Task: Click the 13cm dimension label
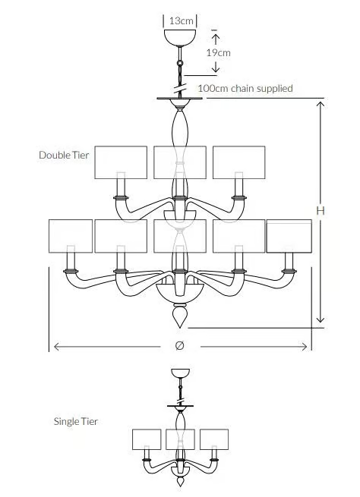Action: point(181,21)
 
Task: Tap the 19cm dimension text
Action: point(218,52)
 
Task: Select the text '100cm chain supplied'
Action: point(245,88)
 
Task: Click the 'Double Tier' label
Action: point(64,155)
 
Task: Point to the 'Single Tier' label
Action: point(75,422)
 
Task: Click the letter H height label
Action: point(321,210)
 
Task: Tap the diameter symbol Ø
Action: point(179,346)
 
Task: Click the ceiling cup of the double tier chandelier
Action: point(180,37)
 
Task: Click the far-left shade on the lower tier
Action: point(71,236)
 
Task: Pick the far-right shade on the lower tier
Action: point(289,236)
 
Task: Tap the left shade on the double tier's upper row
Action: point(121,162)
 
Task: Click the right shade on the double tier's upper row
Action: point(238,162)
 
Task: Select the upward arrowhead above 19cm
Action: point(216,39)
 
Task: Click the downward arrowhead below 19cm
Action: point(216,68)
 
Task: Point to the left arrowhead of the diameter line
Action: point(57,347)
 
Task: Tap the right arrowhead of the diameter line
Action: point(304,347)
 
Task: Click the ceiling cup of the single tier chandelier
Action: point(181,373)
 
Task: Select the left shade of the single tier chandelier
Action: point(147,439)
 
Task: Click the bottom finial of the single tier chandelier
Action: point(181,481)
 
